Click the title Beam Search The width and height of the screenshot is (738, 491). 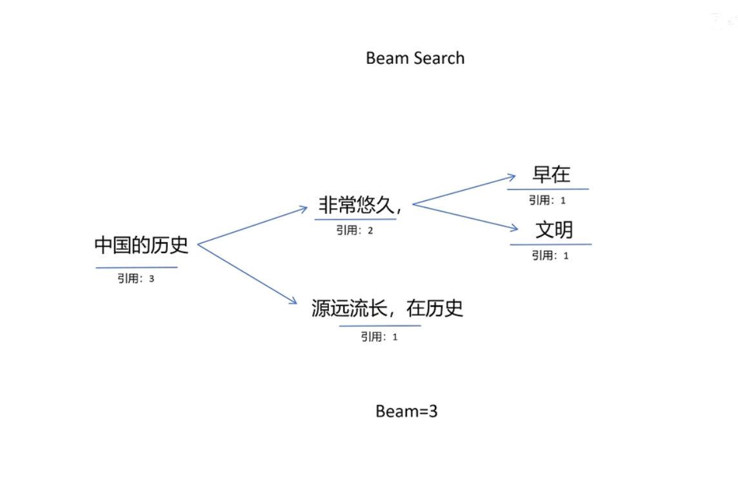[415, 58]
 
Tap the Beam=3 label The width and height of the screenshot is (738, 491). [406, 411]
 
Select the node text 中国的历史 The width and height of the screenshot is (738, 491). [141, 245]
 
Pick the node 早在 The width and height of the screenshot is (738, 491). [551, 174]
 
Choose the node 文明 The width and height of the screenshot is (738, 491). [553, 229]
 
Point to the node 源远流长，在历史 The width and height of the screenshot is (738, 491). [387, 309]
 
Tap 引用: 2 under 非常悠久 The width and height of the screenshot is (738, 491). [354, 231]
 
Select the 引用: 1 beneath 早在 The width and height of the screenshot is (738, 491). [547, 200]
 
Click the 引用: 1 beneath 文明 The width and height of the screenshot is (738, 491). [550, 256]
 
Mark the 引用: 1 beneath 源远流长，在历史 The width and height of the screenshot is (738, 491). [379, 336]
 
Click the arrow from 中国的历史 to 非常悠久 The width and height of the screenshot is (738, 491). [252, 226]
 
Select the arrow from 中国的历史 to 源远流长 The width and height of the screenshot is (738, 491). [246, 274]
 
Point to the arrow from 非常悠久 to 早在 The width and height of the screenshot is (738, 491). [464, 189]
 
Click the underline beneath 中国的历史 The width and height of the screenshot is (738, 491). [136, 267]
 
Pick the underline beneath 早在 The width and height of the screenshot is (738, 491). [548, 189]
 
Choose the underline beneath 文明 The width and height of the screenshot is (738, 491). [550, 244]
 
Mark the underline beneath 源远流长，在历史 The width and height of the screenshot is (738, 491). [380, 325]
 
